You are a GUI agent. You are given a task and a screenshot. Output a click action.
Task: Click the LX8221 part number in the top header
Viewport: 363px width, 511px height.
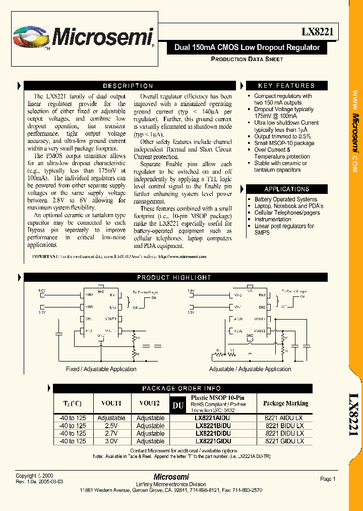click(x=317, y=32)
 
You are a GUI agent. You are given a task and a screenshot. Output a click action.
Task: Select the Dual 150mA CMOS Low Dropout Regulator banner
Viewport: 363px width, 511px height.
click(x=247, y=47)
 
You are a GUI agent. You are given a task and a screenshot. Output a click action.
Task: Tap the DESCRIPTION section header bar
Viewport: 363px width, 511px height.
click(x=128, y=86)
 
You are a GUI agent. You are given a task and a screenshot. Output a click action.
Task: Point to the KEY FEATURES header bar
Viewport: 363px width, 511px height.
click(x=286, y=86)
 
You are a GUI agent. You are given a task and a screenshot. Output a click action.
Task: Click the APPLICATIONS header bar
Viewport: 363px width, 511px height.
click(x=286, y=189)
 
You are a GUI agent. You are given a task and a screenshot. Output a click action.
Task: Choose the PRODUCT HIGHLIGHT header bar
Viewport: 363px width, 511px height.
click(x=174, y=277)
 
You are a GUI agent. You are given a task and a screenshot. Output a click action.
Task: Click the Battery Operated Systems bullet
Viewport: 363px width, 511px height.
click(x=285, y=199)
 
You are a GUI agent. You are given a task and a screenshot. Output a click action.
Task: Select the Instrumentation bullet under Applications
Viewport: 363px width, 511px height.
click(x=273, y=219)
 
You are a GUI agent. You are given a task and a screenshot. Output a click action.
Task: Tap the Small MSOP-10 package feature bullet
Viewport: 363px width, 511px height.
click(x=284, y=143)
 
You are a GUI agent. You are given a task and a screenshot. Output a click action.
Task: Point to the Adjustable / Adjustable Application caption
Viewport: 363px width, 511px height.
click(x=250, y=369)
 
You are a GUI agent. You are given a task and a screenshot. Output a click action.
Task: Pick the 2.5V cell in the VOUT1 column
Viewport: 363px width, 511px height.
click(x=111, y=426)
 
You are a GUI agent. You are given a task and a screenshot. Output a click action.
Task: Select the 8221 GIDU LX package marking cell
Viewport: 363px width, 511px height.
click(x=284, y=441)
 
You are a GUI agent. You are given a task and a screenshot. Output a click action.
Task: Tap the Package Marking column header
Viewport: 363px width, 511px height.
click(x=285, y=403)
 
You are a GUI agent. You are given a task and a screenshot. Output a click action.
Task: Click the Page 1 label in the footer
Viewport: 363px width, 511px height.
click(x=328, y=479)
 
